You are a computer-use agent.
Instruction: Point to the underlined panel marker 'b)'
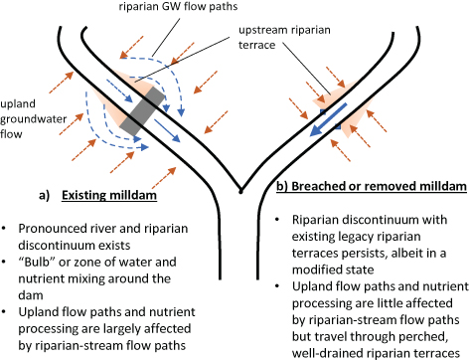coord(281,186)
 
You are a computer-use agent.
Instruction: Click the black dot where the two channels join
coord(239,190)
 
